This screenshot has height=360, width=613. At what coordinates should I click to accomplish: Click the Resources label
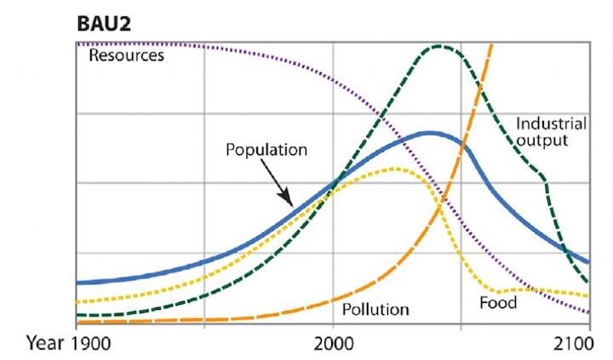[126, 56]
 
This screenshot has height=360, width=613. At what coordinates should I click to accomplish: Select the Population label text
[266, 150]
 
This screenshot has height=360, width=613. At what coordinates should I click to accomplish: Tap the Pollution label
[375, 308]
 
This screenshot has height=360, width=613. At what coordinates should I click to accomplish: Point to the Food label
[498, 302]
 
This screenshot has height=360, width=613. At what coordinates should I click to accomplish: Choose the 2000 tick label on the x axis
[332, 345]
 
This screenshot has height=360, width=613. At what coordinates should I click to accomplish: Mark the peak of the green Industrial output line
[440, 46]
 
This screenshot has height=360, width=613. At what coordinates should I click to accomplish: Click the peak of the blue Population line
[429, 133]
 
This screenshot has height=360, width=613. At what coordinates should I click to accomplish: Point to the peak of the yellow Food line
[394, 169]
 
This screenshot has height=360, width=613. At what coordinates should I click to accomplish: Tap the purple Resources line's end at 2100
[588, 312]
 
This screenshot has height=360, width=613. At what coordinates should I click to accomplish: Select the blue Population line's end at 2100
[588, 262]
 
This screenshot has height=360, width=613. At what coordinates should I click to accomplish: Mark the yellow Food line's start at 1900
[77, 301]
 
